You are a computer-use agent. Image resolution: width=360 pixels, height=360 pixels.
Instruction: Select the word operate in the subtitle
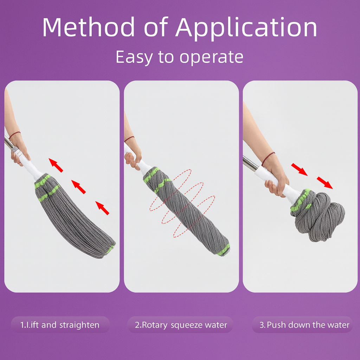pos(211,57)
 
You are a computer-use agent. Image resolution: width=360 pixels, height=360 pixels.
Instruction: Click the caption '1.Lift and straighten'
pos(60,325)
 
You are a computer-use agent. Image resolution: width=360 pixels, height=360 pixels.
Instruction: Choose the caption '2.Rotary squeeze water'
pos(181,325)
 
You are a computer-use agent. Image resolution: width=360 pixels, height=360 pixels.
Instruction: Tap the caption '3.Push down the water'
pos(304,325)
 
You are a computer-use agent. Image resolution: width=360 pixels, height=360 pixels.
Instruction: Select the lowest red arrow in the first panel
pos(102,207)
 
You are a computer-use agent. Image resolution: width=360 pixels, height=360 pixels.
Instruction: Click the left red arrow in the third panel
pos(299,169)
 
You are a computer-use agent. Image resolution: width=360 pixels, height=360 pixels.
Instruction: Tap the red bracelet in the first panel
pos(15,134)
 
